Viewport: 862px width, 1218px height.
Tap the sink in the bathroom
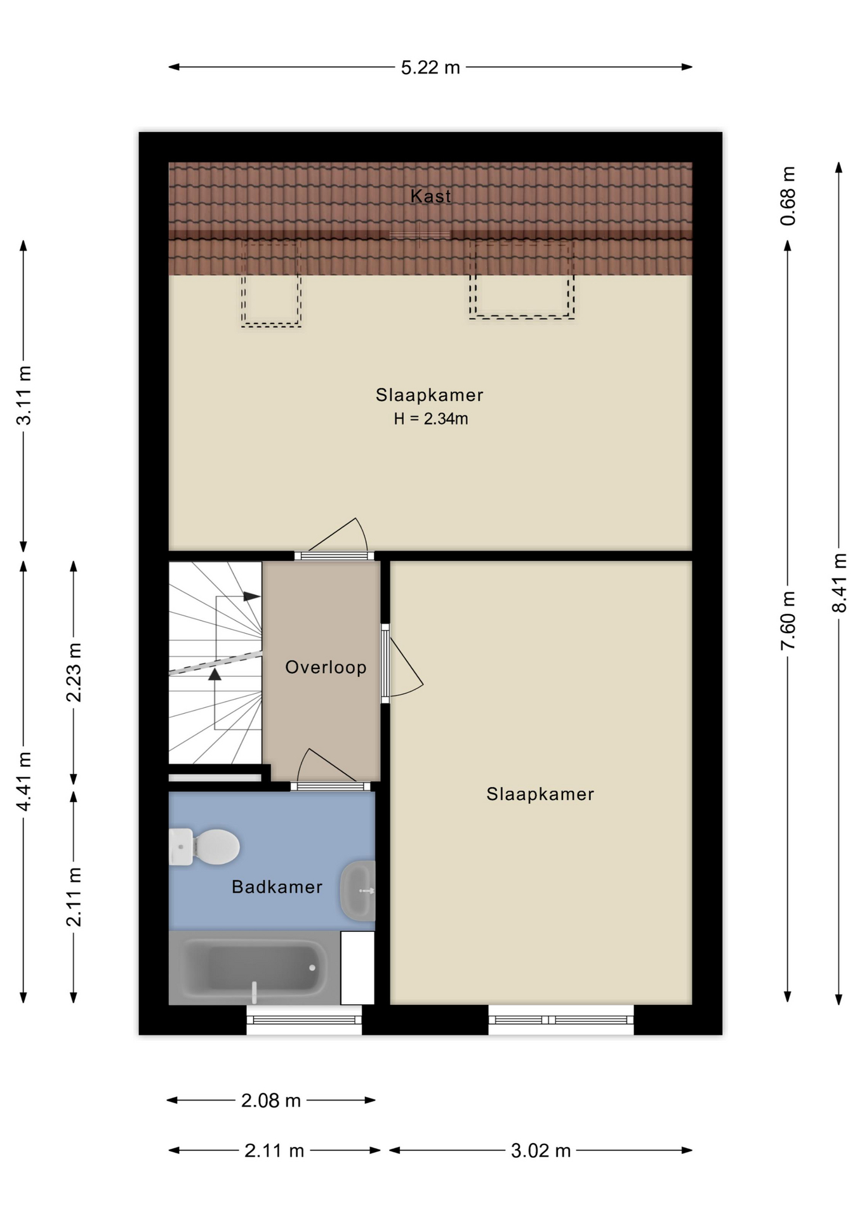(358, 891)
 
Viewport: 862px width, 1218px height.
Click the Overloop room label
(326, 667)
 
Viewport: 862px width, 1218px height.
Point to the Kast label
(431, 196)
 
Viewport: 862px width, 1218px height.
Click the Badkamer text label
(277, 886)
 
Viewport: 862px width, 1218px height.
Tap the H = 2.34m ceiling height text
(431, 419)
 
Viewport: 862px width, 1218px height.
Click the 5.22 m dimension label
(430, 67)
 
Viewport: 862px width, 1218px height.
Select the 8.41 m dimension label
(839, 583)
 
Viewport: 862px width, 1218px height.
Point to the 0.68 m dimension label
(788, 196)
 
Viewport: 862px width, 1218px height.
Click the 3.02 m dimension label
(541, 1150)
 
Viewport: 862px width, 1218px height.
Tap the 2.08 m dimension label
(271, 1101)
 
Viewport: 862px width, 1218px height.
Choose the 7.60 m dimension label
(788, 620)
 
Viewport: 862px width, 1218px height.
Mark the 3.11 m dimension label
(23, 395)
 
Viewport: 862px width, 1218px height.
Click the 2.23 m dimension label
(74, 672)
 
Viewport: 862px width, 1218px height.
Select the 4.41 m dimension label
(23, 782)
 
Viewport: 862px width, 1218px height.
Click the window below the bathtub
(304, 1019)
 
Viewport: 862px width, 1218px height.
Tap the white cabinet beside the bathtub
(357, 967)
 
